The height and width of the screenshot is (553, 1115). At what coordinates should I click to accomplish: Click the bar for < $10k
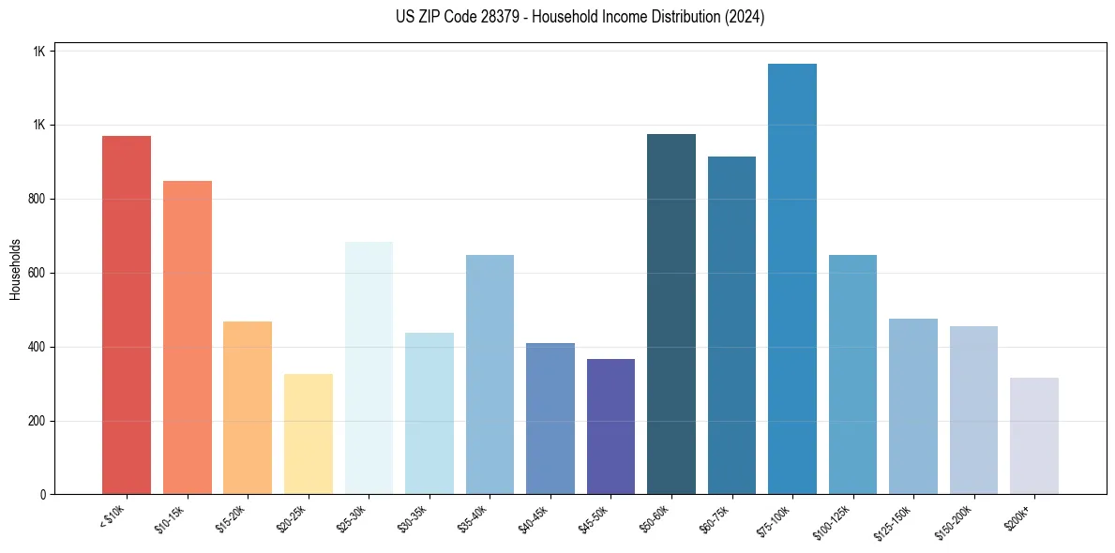127,315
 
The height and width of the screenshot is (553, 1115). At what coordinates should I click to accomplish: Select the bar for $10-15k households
188,337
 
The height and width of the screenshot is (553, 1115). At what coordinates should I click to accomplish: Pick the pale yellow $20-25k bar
309,434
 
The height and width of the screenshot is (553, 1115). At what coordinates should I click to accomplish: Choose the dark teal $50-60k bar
671,314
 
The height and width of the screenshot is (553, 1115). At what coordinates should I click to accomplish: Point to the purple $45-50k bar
610,426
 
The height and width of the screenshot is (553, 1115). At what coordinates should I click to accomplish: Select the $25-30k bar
369,367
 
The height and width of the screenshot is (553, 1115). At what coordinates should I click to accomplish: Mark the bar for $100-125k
852,374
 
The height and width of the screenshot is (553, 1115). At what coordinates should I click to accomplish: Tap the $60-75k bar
731,325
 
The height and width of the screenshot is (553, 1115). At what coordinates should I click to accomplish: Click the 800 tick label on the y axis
37,200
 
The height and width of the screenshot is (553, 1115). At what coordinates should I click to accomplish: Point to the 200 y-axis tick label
37,421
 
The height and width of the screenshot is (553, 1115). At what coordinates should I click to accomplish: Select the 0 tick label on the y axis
42,495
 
